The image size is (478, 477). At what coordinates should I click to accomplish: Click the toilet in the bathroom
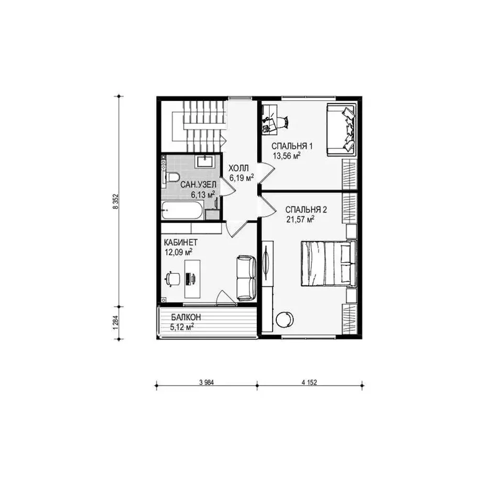173,177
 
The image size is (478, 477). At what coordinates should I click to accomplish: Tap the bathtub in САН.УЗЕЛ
182,210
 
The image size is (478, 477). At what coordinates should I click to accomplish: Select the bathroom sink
206,161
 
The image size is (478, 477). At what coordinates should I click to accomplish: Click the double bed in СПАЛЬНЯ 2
329,263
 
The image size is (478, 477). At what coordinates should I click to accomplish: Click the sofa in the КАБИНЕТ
246,278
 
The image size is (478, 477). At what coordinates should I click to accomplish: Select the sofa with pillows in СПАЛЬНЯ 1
341,130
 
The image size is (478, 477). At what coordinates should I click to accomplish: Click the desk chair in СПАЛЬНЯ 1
283,122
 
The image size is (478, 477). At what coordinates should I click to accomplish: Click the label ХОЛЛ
239,168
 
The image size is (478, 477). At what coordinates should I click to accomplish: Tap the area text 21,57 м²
300,219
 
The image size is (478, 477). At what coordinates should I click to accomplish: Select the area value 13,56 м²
286,156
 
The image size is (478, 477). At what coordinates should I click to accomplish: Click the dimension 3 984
206,382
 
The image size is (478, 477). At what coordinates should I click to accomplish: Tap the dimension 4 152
309,382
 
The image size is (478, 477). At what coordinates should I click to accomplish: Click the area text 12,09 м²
179,252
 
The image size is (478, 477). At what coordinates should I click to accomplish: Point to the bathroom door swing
228,186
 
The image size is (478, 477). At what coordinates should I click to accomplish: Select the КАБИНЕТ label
181,243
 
